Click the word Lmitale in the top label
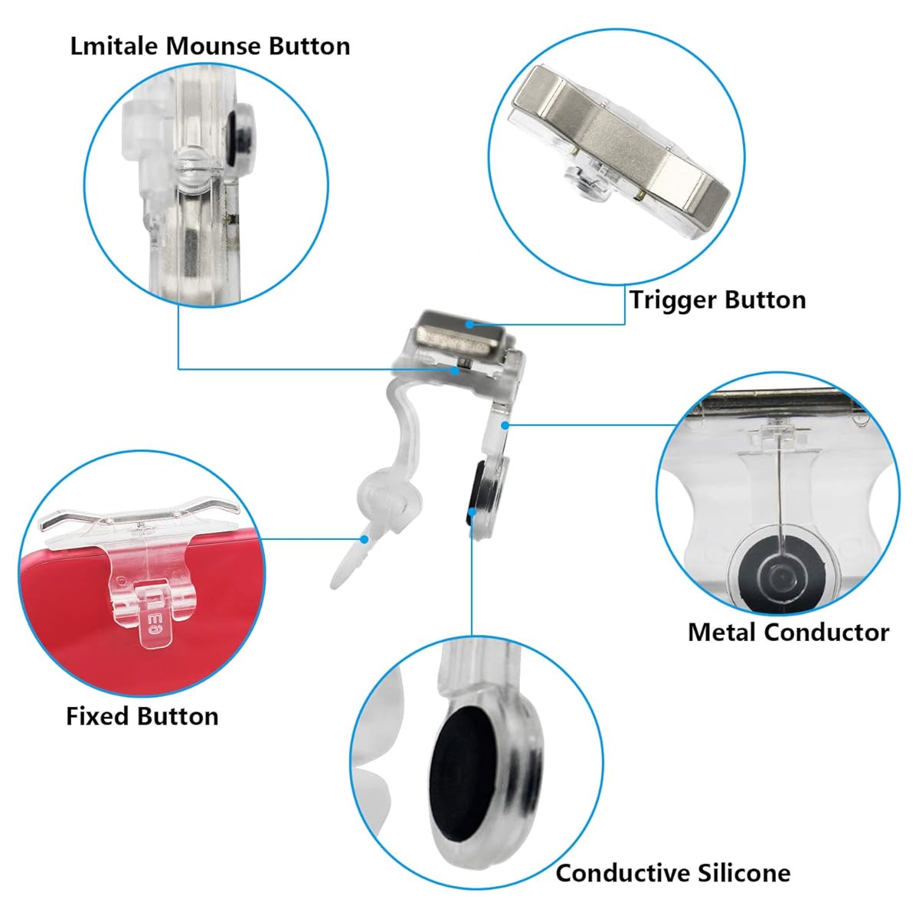point(114,47)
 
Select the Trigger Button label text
point(718,301)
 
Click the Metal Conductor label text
point(788,633)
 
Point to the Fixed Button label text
point(142,716)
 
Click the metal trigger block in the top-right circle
point(620,139)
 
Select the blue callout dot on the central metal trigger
point(469,325)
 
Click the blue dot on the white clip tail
point(365,539)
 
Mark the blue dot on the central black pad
point(472,512)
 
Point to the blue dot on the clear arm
point(505,424)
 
